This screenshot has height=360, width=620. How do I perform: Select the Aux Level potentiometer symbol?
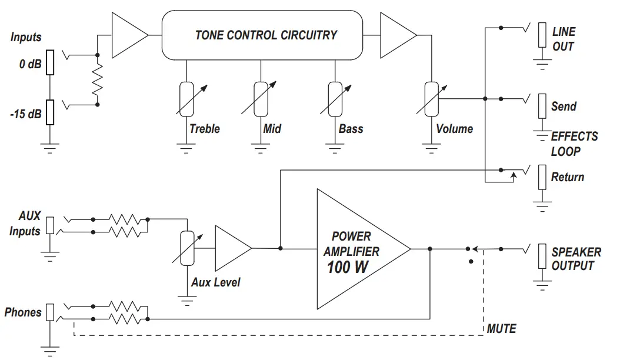186,248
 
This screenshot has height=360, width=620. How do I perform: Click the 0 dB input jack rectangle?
50,63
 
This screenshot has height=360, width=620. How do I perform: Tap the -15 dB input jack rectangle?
50,112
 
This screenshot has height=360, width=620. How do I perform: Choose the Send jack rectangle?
542,106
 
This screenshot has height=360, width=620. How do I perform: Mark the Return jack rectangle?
542,177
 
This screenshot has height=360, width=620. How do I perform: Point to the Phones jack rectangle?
50,312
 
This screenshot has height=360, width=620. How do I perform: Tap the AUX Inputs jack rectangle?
50,225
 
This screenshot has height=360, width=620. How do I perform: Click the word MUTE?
501,329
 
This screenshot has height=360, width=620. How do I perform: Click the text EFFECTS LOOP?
574,144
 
